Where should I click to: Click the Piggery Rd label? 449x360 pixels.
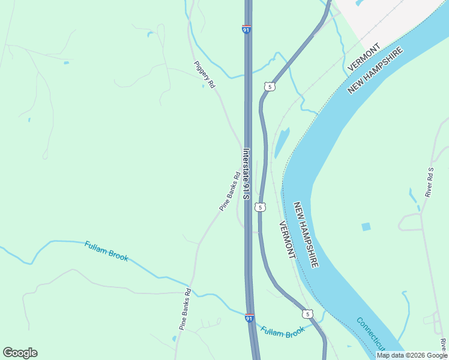[204, 75]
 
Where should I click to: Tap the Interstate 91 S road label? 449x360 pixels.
[246, 175]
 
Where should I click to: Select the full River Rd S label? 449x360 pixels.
[430, 182]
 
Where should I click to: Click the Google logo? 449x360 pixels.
[20, 353]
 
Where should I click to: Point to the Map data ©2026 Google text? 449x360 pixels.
[412, 355]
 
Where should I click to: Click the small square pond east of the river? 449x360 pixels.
[366, 227]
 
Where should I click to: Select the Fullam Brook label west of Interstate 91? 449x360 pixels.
[106, 250]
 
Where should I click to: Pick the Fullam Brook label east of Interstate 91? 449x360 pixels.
[283, 331]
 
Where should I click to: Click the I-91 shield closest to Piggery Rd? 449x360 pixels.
[247, 29]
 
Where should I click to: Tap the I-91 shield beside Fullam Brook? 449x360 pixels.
[249, 318]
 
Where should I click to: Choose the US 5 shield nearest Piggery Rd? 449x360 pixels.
[270, 87]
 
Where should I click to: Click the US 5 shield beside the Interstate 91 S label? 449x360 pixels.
[259, 207]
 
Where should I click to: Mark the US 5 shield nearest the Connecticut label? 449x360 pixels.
[307, 314]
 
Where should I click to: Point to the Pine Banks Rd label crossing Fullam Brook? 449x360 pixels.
[185, 309]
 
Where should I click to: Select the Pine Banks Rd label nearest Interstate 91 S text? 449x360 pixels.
[229, 191]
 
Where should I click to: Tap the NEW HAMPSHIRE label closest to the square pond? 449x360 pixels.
[306, 234]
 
